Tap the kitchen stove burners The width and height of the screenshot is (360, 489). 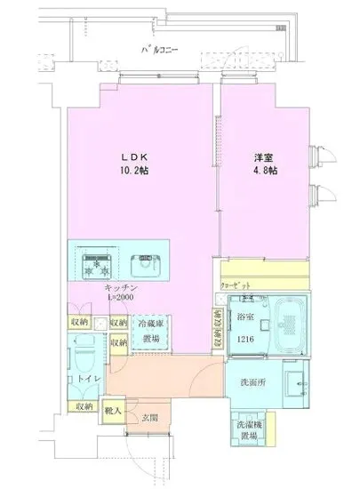pos(94,262)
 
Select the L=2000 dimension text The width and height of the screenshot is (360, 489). pos(122,301)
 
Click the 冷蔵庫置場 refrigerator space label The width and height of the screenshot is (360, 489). pos(149,332)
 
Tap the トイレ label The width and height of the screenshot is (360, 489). pos(88,380)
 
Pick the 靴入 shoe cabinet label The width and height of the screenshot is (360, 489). pos(113,410)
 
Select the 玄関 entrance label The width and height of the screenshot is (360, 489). pos(149,419)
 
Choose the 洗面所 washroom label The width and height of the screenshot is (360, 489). pos(252,383)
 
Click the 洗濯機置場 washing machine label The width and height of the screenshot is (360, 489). pos(250,430)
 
